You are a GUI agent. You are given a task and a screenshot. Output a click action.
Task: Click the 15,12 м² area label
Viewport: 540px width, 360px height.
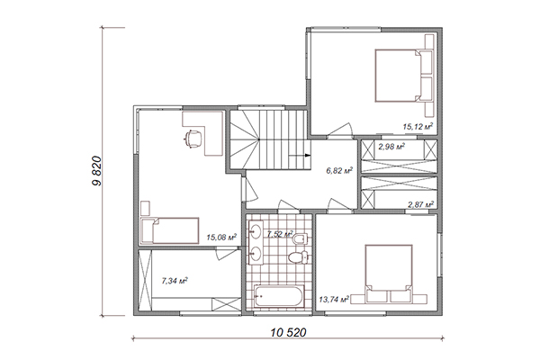[418, 126]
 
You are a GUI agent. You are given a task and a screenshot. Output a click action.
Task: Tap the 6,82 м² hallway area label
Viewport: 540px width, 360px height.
[339, 170]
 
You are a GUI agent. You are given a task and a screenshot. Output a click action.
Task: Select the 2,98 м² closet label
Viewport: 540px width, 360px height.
[391, 147]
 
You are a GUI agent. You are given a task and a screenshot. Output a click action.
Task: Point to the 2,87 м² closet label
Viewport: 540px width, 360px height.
[421, 204]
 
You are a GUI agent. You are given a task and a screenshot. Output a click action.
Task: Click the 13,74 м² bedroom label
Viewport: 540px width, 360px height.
[334, 300]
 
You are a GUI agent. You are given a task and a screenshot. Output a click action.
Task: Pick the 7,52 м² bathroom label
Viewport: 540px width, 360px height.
[280, 234]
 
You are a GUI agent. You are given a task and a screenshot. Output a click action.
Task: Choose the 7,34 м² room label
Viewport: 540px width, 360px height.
[175, 281]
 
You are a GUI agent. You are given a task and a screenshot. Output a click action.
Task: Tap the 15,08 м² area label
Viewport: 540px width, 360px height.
[221, 237]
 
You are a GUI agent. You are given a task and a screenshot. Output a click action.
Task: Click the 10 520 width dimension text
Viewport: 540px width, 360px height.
[288, 332]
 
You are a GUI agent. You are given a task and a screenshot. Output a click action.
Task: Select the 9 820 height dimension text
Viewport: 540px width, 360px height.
[97, 171]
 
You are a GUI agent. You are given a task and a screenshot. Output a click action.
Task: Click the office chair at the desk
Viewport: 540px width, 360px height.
[193, 139]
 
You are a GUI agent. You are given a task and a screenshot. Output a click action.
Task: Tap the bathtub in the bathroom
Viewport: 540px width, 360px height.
[279, 296]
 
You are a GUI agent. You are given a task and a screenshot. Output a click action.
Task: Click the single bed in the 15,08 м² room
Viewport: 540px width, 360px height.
[170, 230]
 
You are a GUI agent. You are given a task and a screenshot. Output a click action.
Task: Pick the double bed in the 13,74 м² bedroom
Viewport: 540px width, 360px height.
[389, 274]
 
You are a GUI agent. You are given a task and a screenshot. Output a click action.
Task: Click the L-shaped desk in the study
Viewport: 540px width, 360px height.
[203, 133]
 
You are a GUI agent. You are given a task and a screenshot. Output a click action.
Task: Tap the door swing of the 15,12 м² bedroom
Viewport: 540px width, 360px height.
[340, 130]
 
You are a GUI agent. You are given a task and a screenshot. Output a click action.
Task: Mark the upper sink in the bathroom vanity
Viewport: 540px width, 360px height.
[256, 230]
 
